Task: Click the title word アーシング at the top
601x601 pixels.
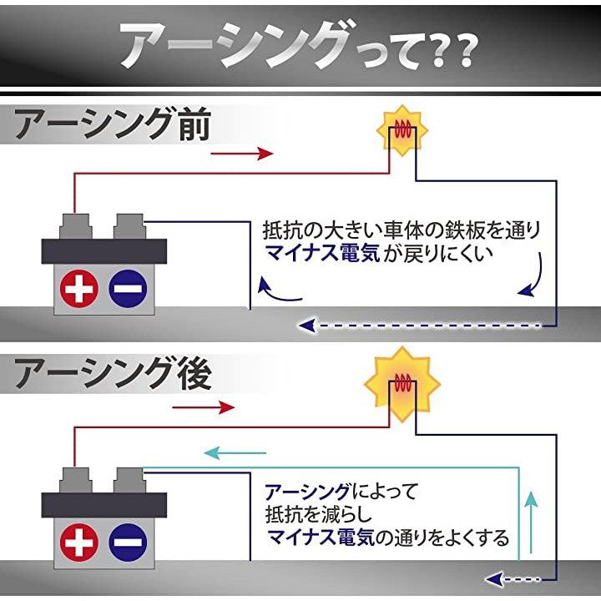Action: click(230, 46)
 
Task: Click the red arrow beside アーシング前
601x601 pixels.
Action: click(242, 154)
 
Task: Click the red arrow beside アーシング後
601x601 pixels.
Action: click(204, 407)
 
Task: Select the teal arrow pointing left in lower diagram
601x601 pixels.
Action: click(237, 452)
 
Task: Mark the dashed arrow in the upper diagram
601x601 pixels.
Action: click(426, 325)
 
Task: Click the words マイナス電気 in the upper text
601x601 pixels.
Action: click(321, 253)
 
